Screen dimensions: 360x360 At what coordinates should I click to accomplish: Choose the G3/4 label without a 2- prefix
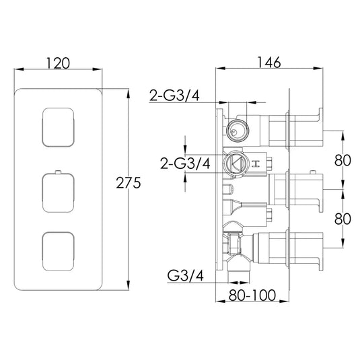(184, 276)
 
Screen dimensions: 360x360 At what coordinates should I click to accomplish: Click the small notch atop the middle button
(61, 173)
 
